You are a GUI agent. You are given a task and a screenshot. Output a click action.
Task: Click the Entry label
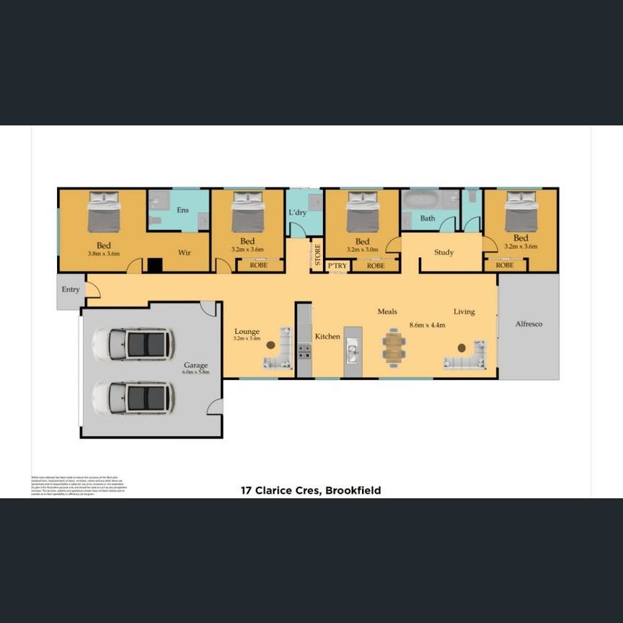[x=71, y=289]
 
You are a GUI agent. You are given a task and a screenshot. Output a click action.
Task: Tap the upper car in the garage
[x=133, y=345]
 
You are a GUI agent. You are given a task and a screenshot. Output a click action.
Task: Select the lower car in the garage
[x=133, y=397]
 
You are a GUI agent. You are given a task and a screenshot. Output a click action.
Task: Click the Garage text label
[x=195, y=366]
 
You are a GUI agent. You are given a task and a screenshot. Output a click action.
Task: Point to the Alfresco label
[x=528, y=324]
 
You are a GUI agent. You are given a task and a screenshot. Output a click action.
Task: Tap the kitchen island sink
[x=352, y=352]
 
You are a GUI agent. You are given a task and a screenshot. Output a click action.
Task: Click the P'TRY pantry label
[x=337, y=265]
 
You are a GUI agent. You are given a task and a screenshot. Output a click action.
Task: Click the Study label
[x=443, y=252]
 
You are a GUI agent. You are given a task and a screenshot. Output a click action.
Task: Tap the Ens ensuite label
[x=183, y=210]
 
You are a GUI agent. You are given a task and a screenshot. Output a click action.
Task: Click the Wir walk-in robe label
[x=184, y=252]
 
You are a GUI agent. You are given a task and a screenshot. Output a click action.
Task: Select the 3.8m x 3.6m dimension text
[x=104, y=254]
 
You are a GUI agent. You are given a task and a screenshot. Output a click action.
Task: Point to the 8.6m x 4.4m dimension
[x=427, y=324]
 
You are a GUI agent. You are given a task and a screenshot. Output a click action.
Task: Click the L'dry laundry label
[x=298, y=213]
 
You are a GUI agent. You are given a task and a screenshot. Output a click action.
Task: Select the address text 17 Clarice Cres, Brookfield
[x=310, y=490]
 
